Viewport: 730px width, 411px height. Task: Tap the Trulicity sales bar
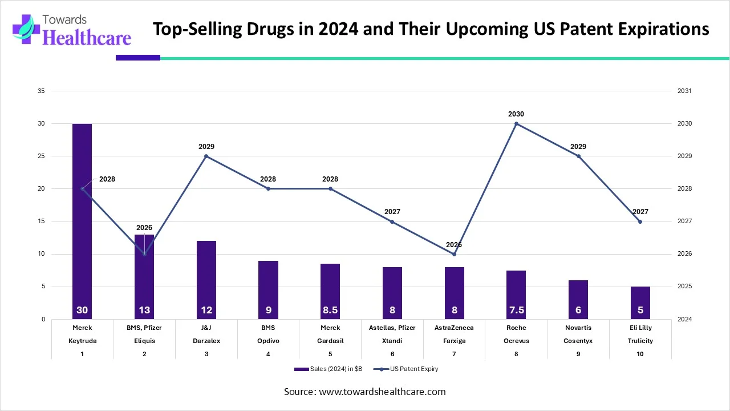(640, 303)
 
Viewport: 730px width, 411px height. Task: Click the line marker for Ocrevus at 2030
(516, 123)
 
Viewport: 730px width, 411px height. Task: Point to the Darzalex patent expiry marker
(206, 156)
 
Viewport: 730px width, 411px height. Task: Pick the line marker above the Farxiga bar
(454, 254)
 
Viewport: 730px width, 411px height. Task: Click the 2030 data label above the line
(516, 114)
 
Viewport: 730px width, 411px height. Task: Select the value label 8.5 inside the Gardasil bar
(330, 311)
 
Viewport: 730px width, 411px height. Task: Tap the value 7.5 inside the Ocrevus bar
(516, 311)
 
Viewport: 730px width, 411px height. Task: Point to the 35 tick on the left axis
(42, 91)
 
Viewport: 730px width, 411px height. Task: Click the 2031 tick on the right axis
(684, 91)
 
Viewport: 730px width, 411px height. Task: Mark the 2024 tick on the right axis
(684, 319)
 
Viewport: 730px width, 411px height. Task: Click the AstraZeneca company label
(454, 328)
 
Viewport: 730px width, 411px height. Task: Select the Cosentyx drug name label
(578, 341)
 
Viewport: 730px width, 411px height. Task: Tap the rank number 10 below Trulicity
(640, 354)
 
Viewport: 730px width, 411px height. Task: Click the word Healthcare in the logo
(87, 38)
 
